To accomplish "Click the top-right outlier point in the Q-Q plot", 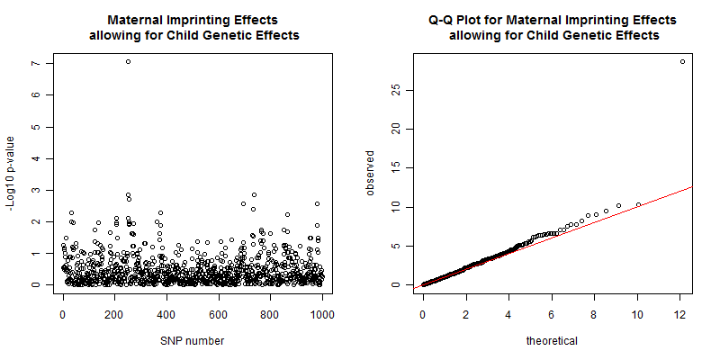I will tap(682, 61).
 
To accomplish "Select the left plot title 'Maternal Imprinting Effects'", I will tap(193, 20).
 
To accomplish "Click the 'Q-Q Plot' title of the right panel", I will tap(553, 20).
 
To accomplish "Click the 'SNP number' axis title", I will tap(193, 341).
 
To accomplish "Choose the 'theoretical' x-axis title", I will tap(553, 341).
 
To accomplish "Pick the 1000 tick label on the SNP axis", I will tap(322, 315).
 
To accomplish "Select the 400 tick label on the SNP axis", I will tap(166, 315).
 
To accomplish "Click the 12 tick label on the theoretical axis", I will tap(681, 315).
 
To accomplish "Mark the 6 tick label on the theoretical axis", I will tap(553, 315).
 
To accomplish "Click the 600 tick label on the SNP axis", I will tap(219, 315).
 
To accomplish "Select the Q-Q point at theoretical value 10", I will tap(638, 204).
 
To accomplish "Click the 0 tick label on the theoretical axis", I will tap(423, 315).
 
